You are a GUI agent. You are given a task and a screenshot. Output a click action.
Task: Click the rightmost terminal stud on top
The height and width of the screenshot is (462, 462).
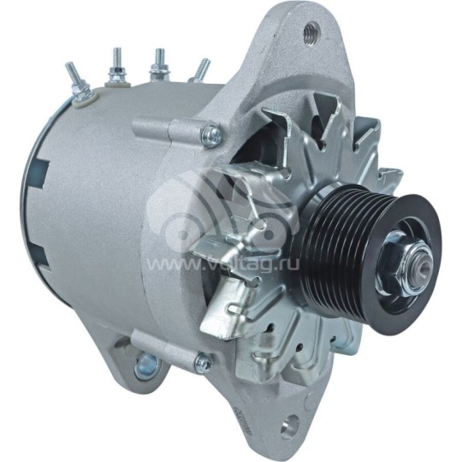(201, 69)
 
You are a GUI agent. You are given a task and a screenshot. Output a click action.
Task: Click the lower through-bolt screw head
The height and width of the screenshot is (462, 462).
(204, 363)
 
